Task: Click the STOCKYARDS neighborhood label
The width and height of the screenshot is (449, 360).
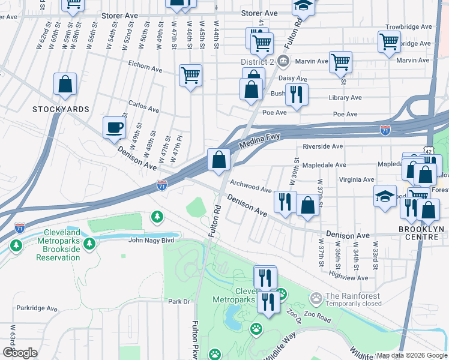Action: click(61, 109)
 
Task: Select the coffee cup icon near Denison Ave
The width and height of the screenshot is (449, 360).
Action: click(114, 128)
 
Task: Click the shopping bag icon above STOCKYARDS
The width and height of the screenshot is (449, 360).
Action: click(65, 85)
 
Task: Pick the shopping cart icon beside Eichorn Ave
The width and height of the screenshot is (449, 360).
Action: click(190, 76)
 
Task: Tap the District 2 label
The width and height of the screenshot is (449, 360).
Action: click(258, 61)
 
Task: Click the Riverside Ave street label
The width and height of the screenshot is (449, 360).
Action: click(322, 146)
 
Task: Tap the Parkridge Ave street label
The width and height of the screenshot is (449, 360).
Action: click(37, 309)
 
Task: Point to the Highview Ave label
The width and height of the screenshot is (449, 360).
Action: click(349, 277)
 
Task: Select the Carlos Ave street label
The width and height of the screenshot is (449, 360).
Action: click(142, 110)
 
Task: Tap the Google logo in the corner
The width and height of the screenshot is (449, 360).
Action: click(20, 353)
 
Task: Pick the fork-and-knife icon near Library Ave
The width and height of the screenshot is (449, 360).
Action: click(296, 94)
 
